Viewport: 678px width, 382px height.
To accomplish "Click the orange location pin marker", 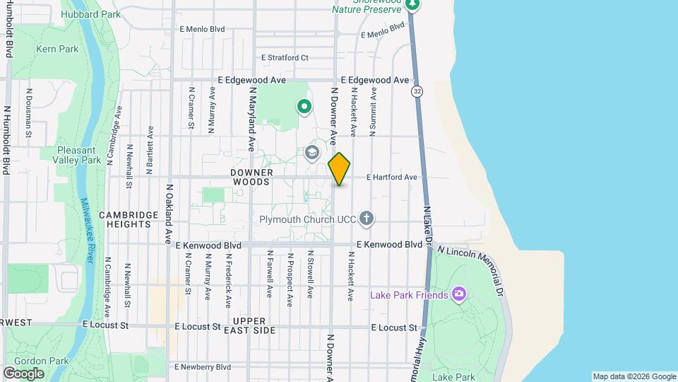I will click(339, 169).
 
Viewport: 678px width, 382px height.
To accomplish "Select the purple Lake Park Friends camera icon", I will click(459, 294).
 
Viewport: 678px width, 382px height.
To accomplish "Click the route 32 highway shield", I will click(417, 91).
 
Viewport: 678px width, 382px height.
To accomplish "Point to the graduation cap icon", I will click(311, 153).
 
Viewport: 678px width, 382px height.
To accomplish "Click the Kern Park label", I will click(58, 49).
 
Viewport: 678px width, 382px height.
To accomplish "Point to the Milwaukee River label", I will click(87, 231).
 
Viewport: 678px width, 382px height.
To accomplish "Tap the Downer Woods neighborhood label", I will click(251, 177).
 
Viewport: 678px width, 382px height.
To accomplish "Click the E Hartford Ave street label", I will click(392, 177).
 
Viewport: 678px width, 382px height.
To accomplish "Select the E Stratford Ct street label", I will click(285, 57).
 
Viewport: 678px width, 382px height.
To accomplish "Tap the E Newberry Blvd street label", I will click(203, 366).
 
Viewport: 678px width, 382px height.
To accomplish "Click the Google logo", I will click(23, 373).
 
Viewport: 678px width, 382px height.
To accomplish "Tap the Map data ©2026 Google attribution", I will click(634, 376).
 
